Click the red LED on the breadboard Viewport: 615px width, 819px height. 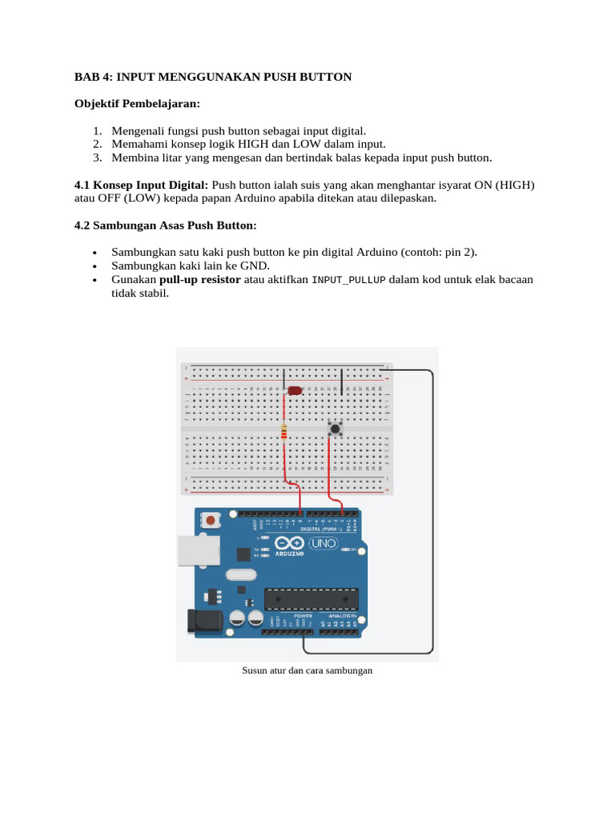coord(294,391)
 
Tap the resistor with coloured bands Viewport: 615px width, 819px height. coord(285,433)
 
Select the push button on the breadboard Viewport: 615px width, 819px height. coord(335,429)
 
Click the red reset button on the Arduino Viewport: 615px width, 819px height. coord(210,521)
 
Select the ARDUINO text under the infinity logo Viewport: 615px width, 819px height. coord(289,553)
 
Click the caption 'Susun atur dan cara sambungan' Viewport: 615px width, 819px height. coord(307,670)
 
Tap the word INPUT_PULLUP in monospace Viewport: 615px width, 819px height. coord(348,280)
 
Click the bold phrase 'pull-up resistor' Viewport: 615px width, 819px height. coord(199,279)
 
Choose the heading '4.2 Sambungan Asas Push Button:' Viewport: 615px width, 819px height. coord(165,225)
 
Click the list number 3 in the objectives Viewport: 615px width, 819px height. coord(96,158)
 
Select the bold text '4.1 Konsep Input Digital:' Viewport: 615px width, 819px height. coord(141,185)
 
